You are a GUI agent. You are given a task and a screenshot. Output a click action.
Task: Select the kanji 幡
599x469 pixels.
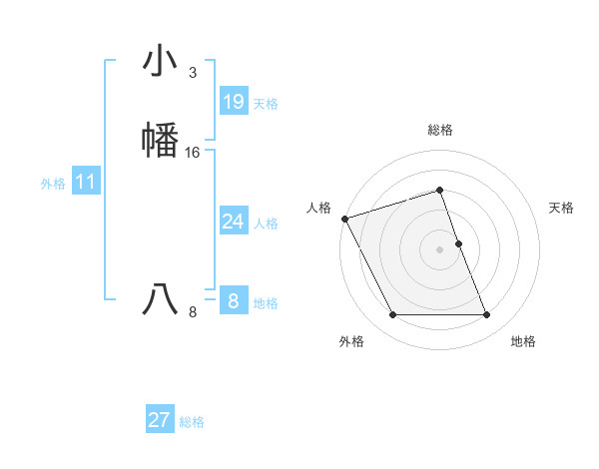161,139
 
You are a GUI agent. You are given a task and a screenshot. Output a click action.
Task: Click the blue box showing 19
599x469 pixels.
233,102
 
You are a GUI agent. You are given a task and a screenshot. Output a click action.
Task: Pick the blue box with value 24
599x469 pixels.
233,222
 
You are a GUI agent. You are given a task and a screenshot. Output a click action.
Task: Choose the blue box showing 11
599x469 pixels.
85,183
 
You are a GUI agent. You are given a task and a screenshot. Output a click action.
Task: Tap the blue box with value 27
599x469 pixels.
159,420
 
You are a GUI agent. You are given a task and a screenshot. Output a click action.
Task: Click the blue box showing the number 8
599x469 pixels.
233,301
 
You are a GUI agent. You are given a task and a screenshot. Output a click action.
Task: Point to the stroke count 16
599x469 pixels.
193,153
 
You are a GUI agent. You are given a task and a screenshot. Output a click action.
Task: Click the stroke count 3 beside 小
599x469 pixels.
192,73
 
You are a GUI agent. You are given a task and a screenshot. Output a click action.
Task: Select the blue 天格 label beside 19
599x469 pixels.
266,104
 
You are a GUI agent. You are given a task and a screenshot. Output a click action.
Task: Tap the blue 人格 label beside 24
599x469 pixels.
266,224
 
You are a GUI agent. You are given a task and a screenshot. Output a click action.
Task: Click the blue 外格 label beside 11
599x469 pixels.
52,184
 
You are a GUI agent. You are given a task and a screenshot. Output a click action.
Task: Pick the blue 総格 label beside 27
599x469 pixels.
192,422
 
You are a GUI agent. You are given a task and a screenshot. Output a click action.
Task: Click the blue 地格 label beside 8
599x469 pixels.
266,303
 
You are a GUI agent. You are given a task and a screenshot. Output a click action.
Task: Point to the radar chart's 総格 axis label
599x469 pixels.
439,130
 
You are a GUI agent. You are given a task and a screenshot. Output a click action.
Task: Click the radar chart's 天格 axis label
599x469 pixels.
561,208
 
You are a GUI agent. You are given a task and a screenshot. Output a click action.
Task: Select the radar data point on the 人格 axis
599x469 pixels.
344,219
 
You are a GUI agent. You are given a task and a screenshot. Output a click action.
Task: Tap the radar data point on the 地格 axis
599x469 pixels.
486,315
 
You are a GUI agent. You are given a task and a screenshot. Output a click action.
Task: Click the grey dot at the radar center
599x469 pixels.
439,249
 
